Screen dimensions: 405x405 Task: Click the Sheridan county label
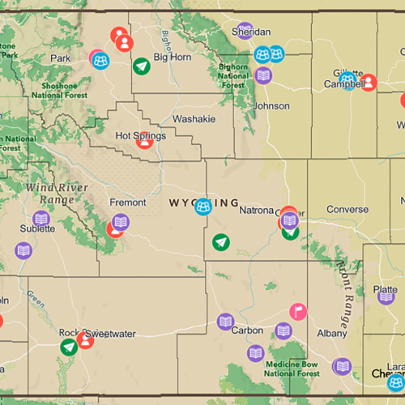click(251, 32)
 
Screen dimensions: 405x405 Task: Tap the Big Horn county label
click(172, 58)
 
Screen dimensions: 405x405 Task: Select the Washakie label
click(194, 118)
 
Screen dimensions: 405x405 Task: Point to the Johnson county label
click(271, 106)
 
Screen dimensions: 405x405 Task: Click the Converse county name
click(347, 210)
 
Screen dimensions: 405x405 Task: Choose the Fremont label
click(128, 202)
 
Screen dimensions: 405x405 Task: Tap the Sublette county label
click(37, 228)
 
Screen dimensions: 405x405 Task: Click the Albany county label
click(332, 332)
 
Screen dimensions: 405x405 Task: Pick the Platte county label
click(386, 290)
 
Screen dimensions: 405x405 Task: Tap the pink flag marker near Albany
click(298, 311)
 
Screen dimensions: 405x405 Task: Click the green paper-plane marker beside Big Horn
click(142, 66)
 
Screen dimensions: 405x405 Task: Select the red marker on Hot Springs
click(144, 139)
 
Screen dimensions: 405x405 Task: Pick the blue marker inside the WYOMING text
click(203, 207)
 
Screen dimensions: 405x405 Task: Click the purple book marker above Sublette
click(41, 218)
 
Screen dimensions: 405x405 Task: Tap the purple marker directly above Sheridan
click(245, 31)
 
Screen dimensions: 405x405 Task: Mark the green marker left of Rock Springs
click(70, 347)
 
